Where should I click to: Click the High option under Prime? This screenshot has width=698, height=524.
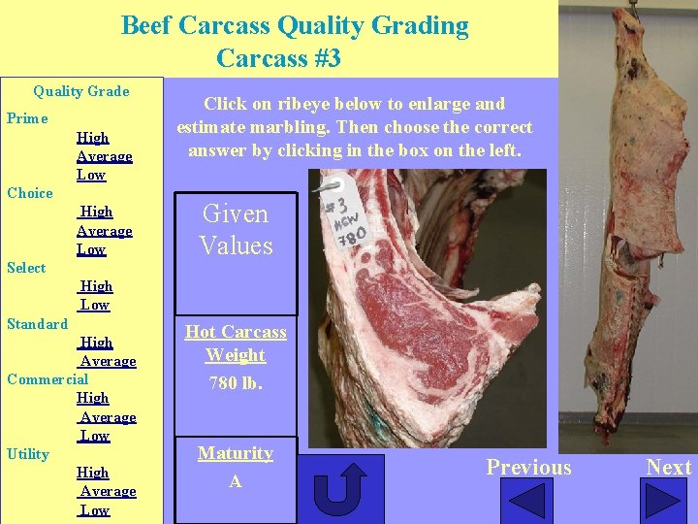click(93, 138)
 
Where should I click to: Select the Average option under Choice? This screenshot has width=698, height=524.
click(105, 231)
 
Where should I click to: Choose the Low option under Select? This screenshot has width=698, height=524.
click(94, 305)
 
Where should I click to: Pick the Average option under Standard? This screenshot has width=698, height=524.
click(108, 361)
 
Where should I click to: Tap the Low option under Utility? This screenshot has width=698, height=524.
click(94, 510)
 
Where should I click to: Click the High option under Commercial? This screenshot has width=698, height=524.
click(93, 398)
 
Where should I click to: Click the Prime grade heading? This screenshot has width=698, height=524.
click(27, 118)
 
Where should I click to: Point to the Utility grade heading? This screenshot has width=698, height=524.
click(28, 453)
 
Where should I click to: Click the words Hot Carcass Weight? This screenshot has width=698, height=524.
click(236, 344)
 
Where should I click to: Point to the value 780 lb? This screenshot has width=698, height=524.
click(236, 382)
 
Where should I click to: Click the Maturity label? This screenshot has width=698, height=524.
click(236, 453)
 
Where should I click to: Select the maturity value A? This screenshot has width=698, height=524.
click(236, 481)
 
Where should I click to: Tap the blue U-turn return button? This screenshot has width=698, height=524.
click(339, 489)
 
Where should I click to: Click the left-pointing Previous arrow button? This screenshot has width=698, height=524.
click(529, 501)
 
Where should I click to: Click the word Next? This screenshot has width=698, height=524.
click(669, 467)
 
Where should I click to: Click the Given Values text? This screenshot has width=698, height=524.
click(236, 230)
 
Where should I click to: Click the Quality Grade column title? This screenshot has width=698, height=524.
click(80, 91)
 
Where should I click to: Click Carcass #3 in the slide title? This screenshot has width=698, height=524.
click(278, 58)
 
